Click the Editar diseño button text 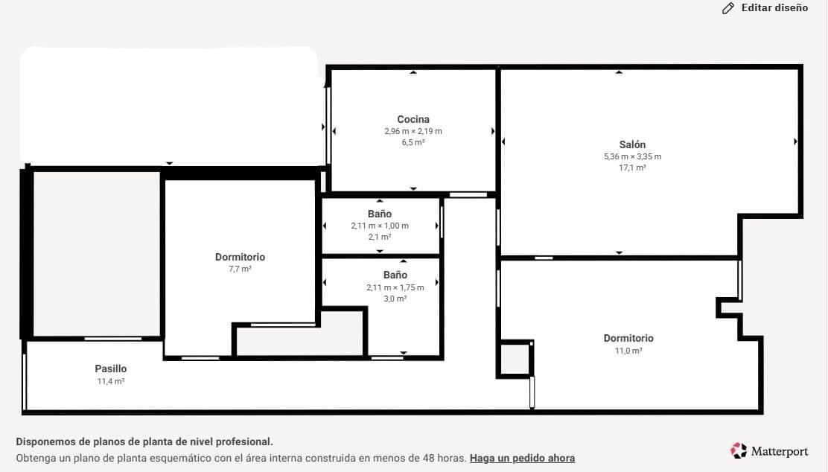tap(774, 8)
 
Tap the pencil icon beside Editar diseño tap(728, 8)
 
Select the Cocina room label tap(413, 119)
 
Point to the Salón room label tap(632, 144)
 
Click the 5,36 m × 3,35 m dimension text tap(632, 156)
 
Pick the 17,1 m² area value tap(632, 168)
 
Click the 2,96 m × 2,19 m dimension tap(413, 131)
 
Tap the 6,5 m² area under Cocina tap(413, 142)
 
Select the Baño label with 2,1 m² tap(380, 214)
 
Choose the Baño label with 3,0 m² tap(395, 275)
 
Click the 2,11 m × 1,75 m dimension tap(395, 287)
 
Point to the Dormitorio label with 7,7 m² tap(240, 258)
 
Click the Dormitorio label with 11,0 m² tap(628, 338)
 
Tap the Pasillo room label tap(110, 369)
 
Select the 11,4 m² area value tap(110, 381)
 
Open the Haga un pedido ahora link tap(522, 458)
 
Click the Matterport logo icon tap(739, 450)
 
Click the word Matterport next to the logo tap(780, 451)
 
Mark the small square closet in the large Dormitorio tap(514, 359)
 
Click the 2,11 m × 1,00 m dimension tap(380, 226)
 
